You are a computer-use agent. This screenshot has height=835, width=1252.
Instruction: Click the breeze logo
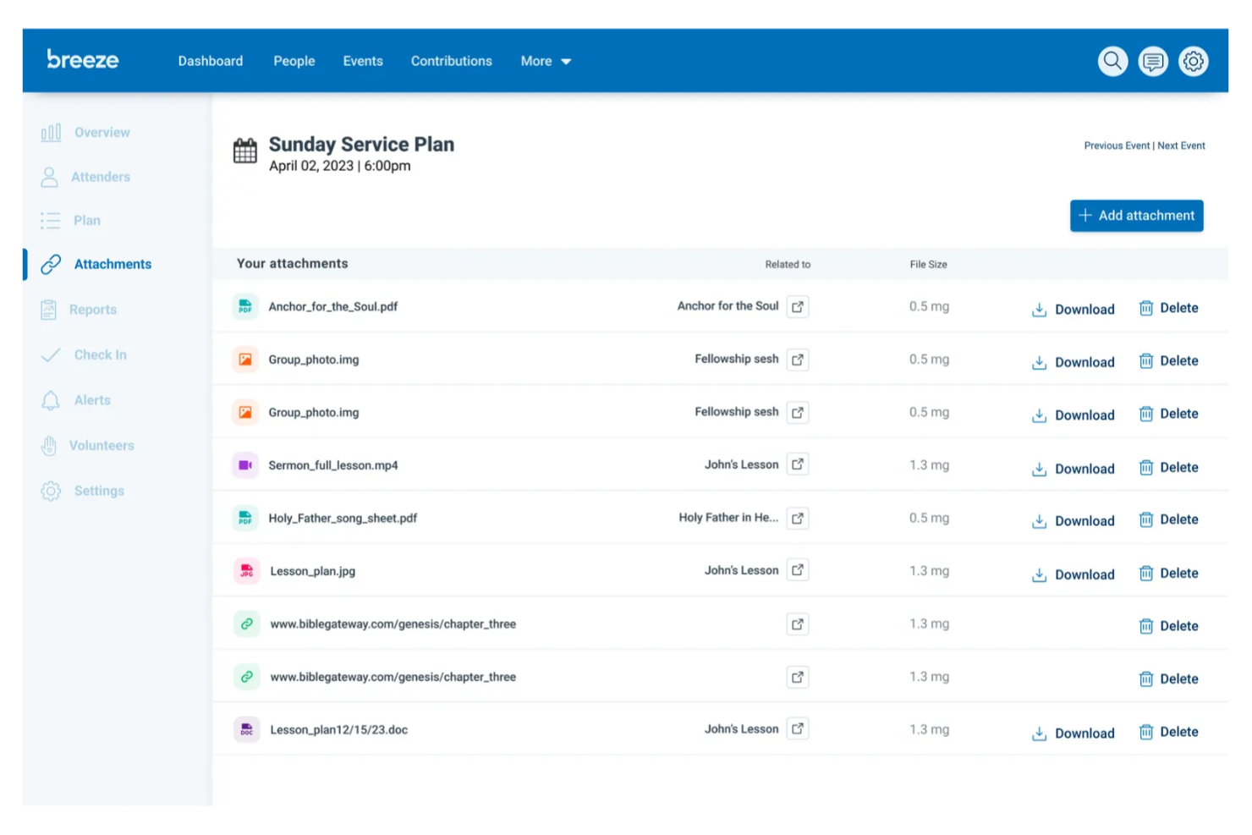(83, 60)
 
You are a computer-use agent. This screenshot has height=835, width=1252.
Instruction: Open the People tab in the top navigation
(294, 61)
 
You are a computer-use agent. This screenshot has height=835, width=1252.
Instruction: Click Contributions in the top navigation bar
(451, 61)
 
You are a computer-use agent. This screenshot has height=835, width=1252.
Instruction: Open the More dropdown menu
(546, 61)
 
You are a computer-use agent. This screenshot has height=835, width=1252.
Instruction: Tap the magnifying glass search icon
(1112, 61)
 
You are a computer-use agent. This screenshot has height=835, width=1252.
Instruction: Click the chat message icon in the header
(1152, 61)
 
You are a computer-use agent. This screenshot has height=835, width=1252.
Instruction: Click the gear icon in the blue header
(1193, 61)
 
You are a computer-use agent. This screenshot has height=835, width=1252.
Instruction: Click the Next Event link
(1181, 146)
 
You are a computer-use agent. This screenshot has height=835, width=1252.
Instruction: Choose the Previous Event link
(1117, 146)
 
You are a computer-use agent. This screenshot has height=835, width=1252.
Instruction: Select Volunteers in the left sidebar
(102, 446)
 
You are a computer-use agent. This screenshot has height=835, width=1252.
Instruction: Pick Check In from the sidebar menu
(100, 355)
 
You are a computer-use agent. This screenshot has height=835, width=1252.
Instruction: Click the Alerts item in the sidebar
(92, 400)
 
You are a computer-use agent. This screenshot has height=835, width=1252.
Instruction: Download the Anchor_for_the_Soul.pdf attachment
(1074, 310)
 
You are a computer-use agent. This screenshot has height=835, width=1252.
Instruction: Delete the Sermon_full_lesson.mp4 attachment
(1168, 468)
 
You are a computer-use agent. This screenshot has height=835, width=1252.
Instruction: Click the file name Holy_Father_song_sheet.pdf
(343, 518)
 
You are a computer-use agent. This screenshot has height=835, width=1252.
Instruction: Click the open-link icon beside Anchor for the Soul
(798, 306)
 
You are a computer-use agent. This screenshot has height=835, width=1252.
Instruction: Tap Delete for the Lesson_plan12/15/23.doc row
(1168, 732)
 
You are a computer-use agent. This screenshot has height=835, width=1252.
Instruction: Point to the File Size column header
(928, 265)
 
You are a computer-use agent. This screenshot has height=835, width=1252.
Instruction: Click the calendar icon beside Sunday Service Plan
(245, 151)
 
